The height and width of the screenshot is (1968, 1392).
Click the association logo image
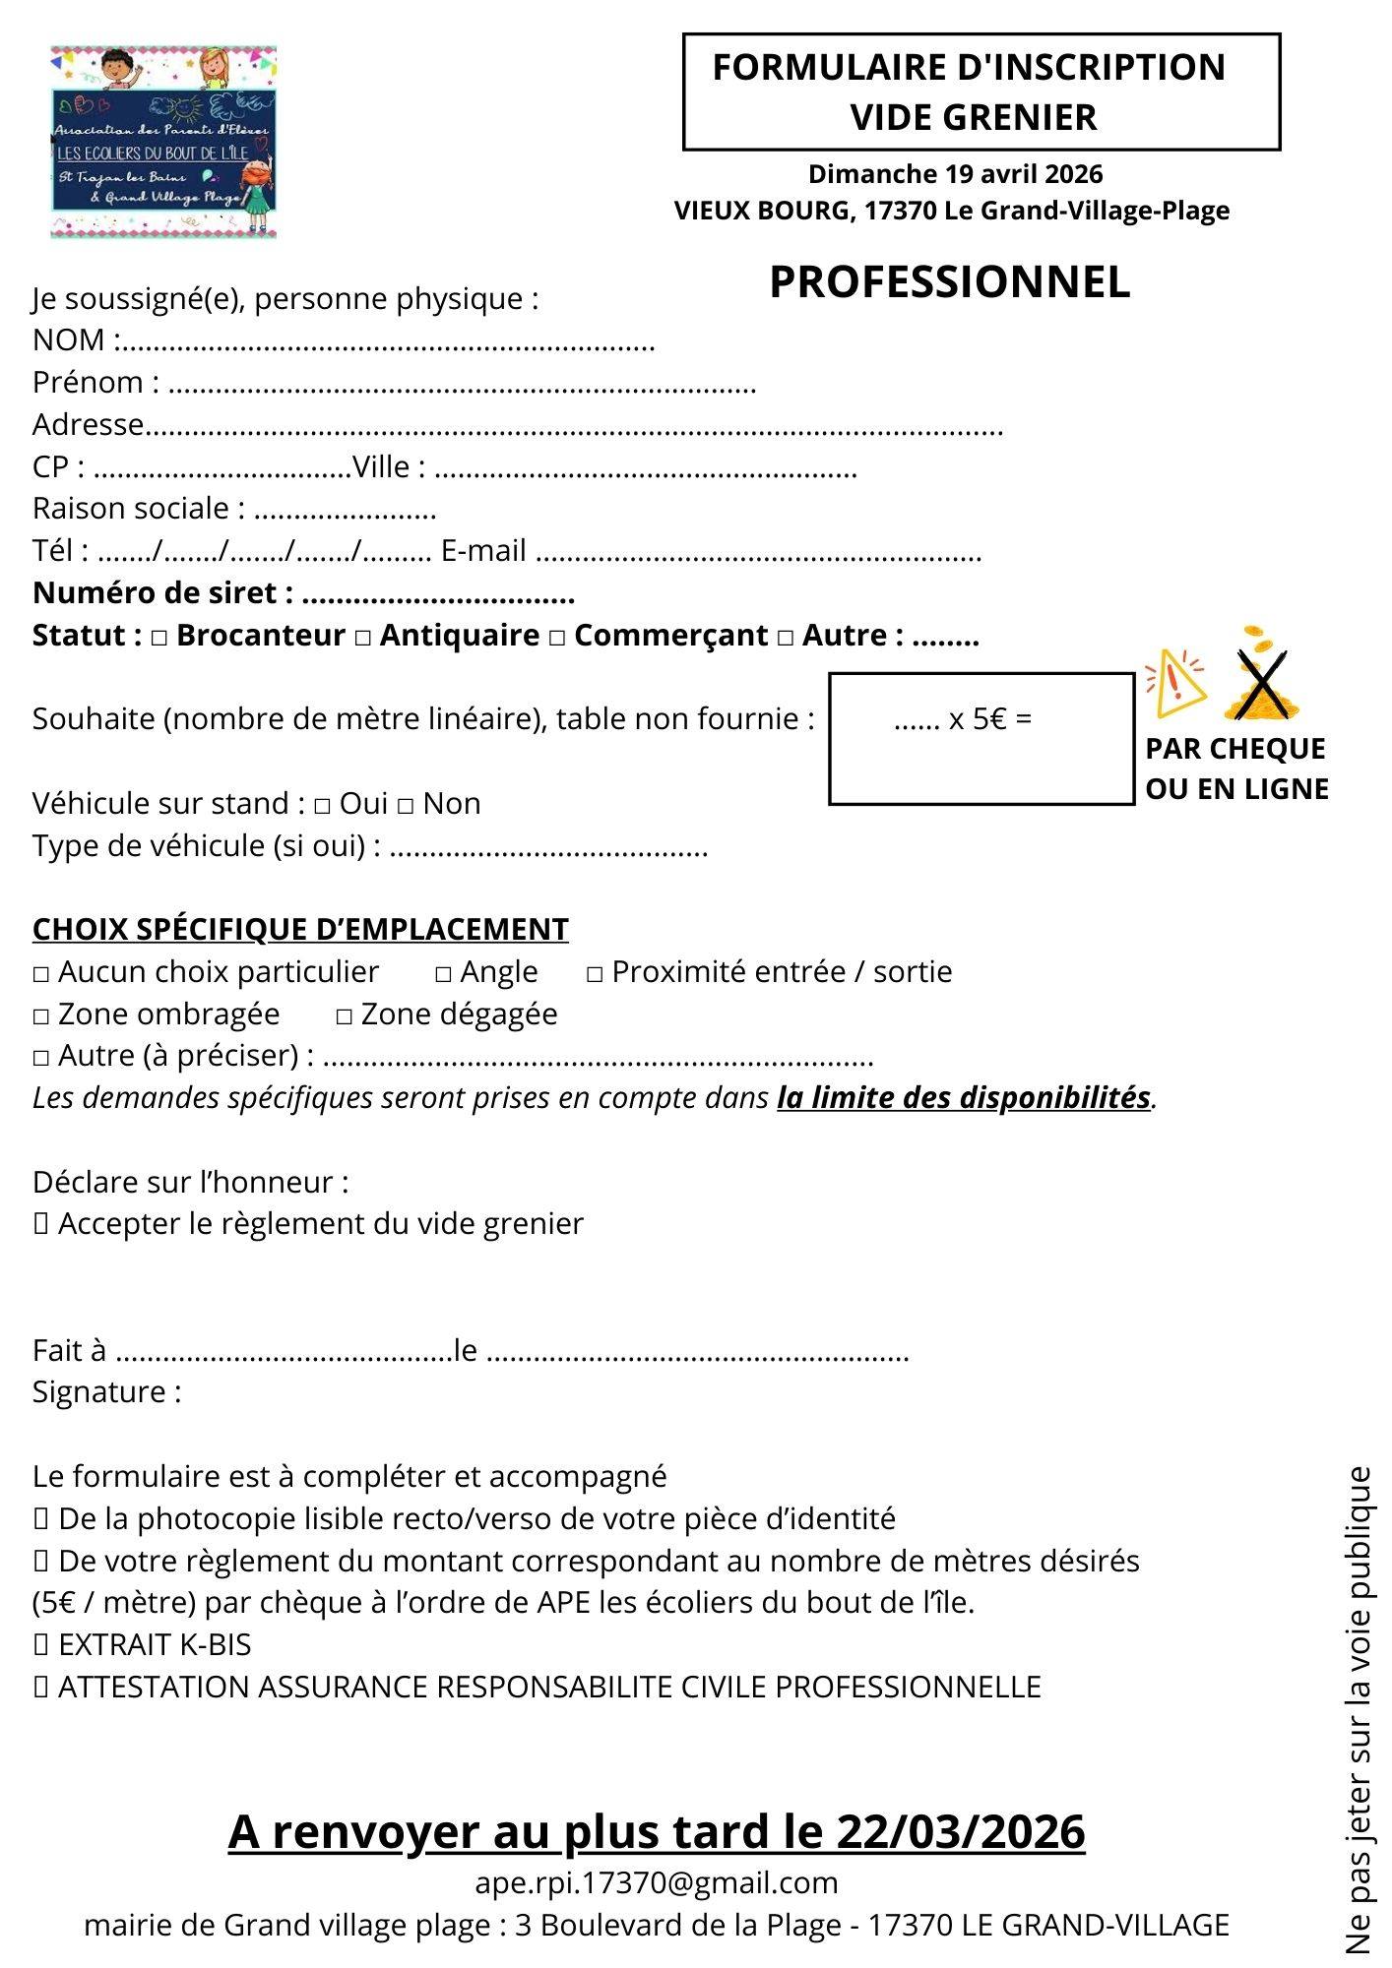pos(163,142)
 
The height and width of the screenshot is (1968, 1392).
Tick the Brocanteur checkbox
pos(159,639)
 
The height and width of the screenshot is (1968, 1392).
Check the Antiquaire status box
pos(363,639)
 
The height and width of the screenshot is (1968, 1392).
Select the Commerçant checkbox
pos(557,639)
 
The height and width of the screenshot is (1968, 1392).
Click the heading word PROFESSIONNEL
pos(949,282)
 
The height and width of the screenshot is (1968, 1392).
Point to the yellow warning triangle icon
pos(1174,682)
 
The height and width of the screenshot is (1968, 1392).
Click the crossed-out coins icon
pos(1261,675)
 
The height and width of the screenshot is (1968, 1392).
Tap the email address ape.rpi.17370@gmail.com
pos(657,1882)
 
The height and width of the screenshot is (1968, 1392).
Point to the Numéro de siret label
pos(163,593)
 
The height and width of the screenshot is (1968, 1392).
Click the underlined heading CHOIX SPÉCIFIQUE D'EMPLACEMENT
pos(300,930)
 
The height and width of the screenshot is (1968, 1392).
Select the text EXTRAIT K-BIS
pos(155,1644)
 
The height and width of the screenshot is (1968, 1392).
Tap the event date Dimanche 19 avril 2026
pos(955,174)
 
